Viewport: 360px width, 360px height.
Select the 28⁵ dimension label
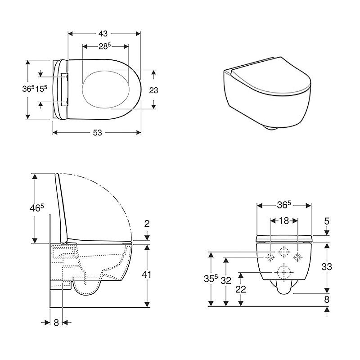point(106,46)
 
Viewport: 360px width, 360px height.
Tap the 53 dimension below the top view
point(97,132)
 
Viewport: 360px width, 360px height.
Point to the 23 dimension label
point(153,90)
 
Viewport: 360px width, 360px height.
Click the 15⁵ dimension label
point(41,89)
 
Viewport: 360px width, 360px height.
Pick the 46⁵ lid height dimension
point(36,208)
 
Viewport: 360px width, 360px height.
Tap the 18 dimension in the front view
point(283,220)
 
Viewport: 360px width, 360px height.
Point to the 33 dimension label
point(327,266)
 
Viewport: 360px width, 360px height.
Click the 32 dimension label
point(226,280)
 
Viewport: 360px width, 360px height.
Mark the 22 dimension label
point(241,289)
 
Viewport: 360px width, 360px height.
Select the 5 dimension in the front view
point(327,221)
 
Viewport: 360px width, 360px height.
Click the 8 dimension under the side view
point(56,322)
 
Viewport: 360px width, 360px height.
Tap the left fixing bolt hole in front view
point(270,257)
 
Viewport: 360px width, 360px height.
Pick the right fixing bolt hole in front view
point(297,257)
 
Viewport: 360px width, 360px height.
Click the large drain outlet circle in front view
point(283,272)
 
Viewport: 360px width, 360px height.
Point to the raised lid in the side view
point(58,205)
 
